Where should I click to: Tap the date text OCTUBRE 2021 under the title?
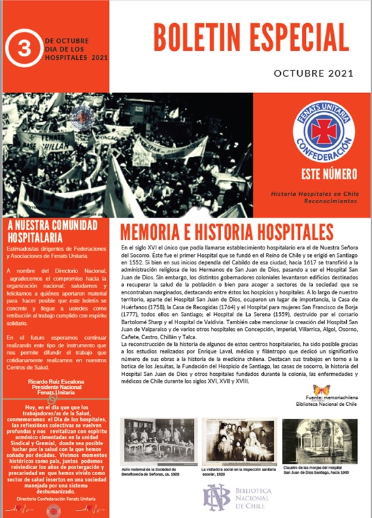313,73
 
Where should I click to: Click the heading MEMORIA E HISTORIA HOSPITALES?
226,230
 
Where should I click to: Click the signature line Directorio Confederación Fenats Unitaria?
54,499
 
